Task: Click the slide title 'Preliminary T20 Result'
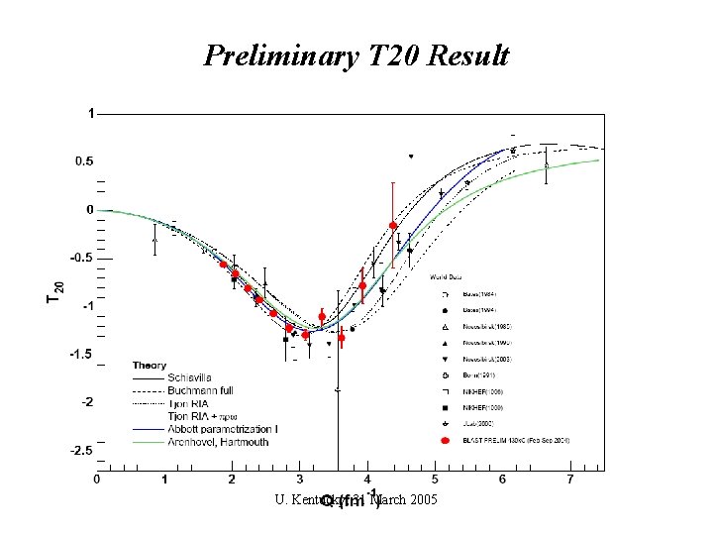click(356, 56)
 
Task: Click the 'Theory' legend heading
click(150, 366)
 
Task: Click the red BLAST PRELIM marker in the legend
click(446, 439)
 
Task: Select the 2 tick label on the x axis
click(232, 481)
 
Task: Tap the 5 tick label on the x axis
click(436, 481)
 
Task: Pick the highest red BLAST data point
click(393, 226)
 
